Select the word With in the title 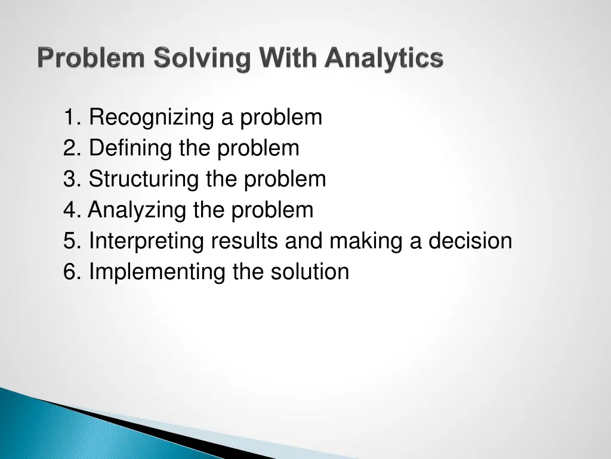click(x=281, y=59)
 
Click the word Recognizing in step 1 click(x=152, y=118)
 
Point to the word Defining click(x=131, y=148)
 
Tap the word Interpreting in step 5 click(x=146, y=241)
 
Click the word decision click(x=470, y=241)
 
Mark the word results click(x=245, y=241)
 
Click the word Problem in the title click(x=92, y=59)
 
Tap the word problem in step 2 click(x=258, y=148)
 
